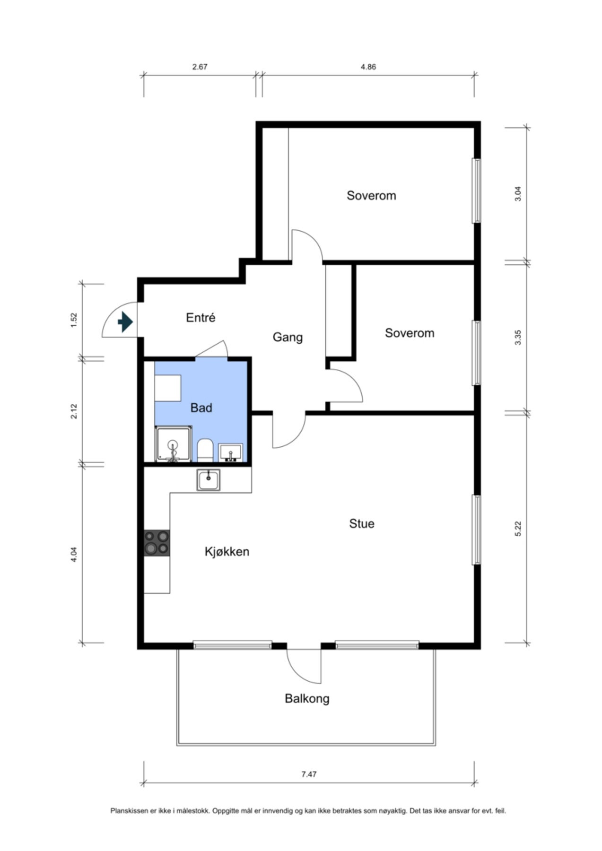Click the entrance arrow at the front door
point(125,322)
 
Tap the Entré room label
point(201,318)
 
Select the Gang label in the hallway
point(288,338)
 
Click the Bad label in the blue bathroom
point(201,408)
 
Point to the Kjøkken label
point(227,552)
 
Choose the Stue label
point(362,524)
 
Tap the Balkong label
point(307,699)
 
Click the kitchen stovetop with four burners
point(157,543)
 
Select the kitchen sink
point(209,480)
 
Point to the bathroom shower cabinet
point(174,444)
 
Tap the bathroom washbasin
point(231,452)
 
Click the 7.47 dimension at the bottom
point(309,774)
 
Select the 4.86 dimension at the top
point(368,67)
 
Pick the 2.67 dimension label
point(200,67)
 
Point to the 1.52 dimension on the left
point(73,320)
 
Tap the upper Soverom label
point(371,196)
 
